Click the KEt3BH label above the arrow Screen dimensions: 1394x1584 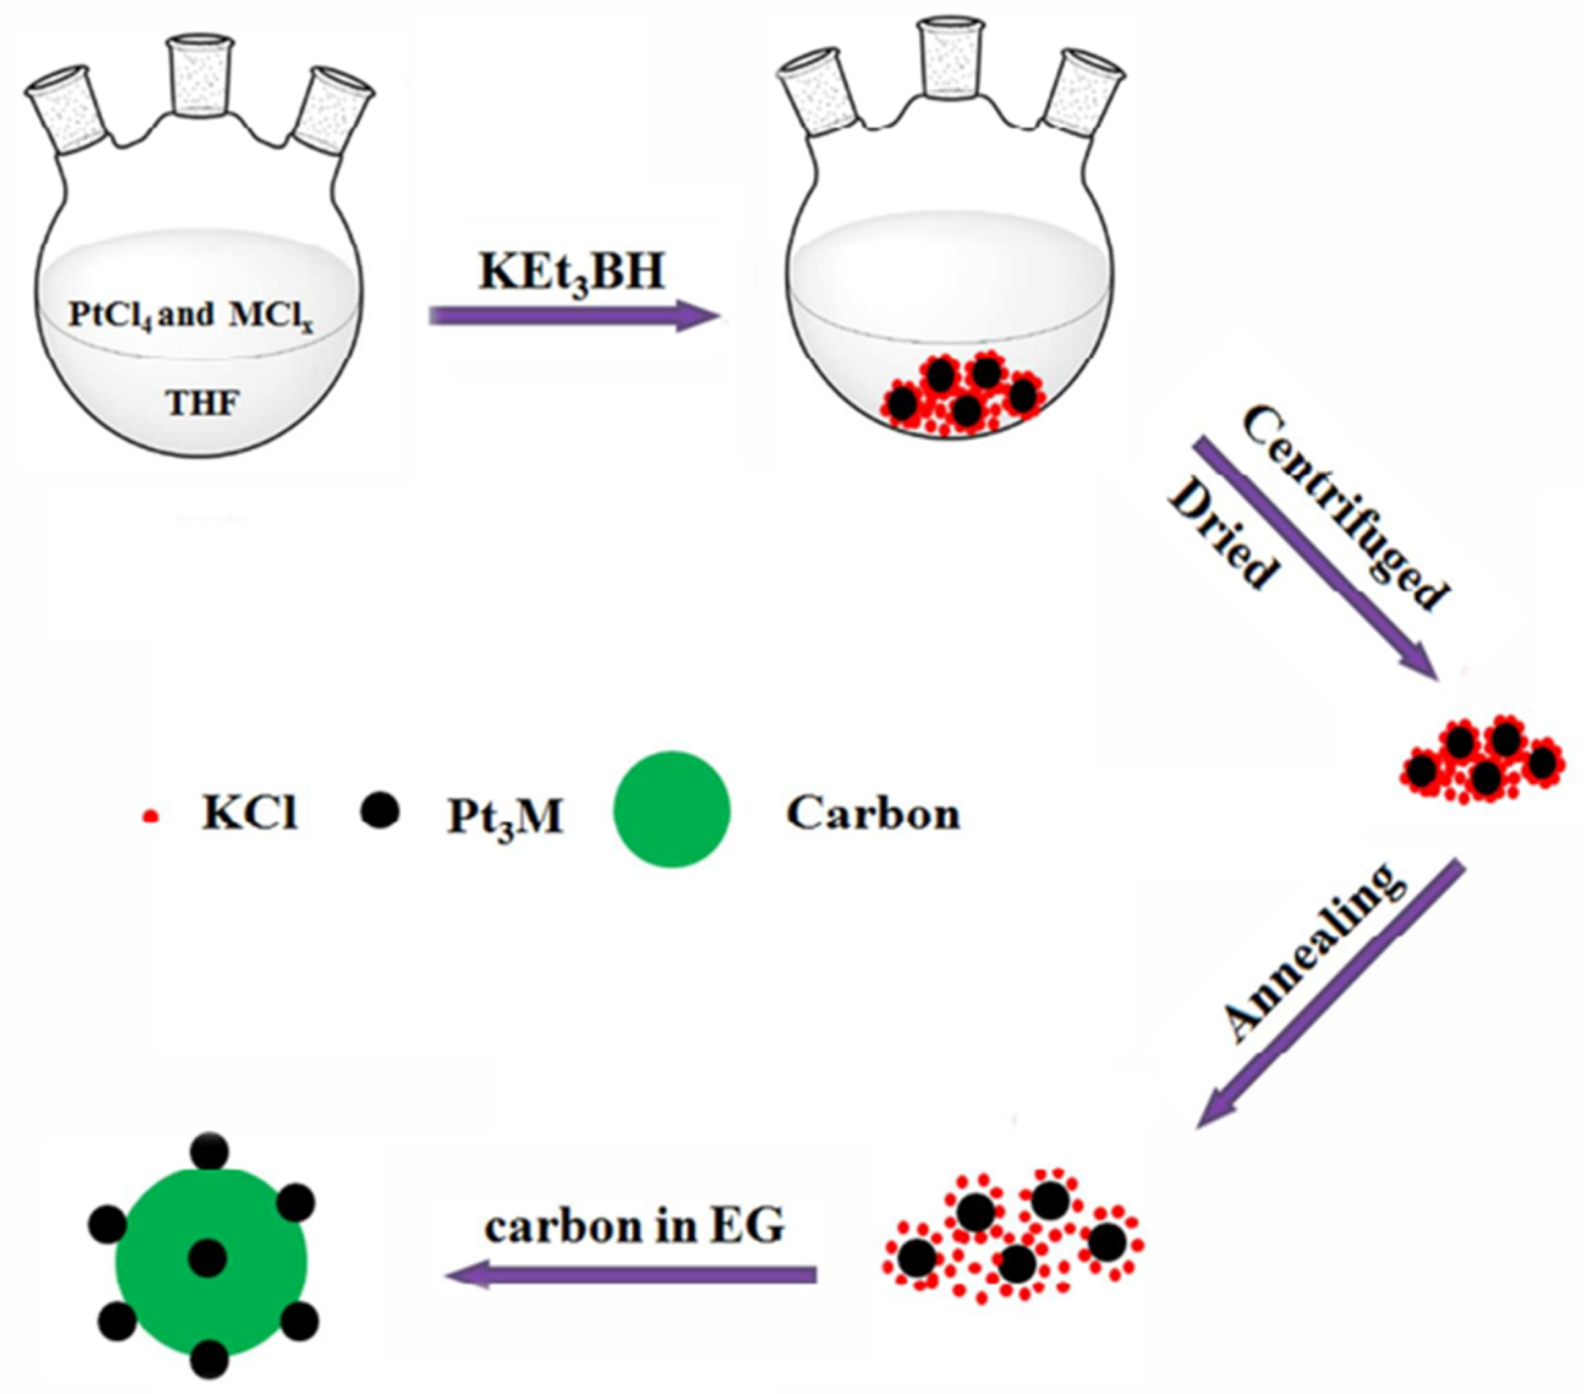point(572,273)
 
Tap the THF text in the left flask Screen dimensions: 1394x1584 point(202,403)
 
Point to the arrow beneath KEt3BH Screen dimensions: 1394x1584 point(574,315)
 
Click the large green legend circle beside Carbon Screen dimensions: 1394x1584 point(671,809)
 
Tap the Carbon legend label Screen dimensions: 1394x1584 point(873,814)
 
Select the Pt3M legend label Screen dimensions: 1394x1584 point(505,816)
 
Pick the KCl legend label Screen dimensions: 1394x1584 point(250,814)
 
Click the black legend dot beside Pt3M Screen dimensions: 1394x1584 point(380,811)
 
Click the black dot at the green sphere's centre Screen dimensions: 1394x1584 point(208,1257)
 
